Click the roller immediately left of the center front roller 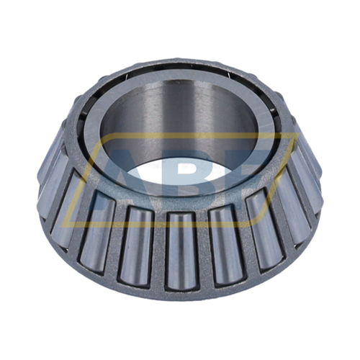click(138, 241)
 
